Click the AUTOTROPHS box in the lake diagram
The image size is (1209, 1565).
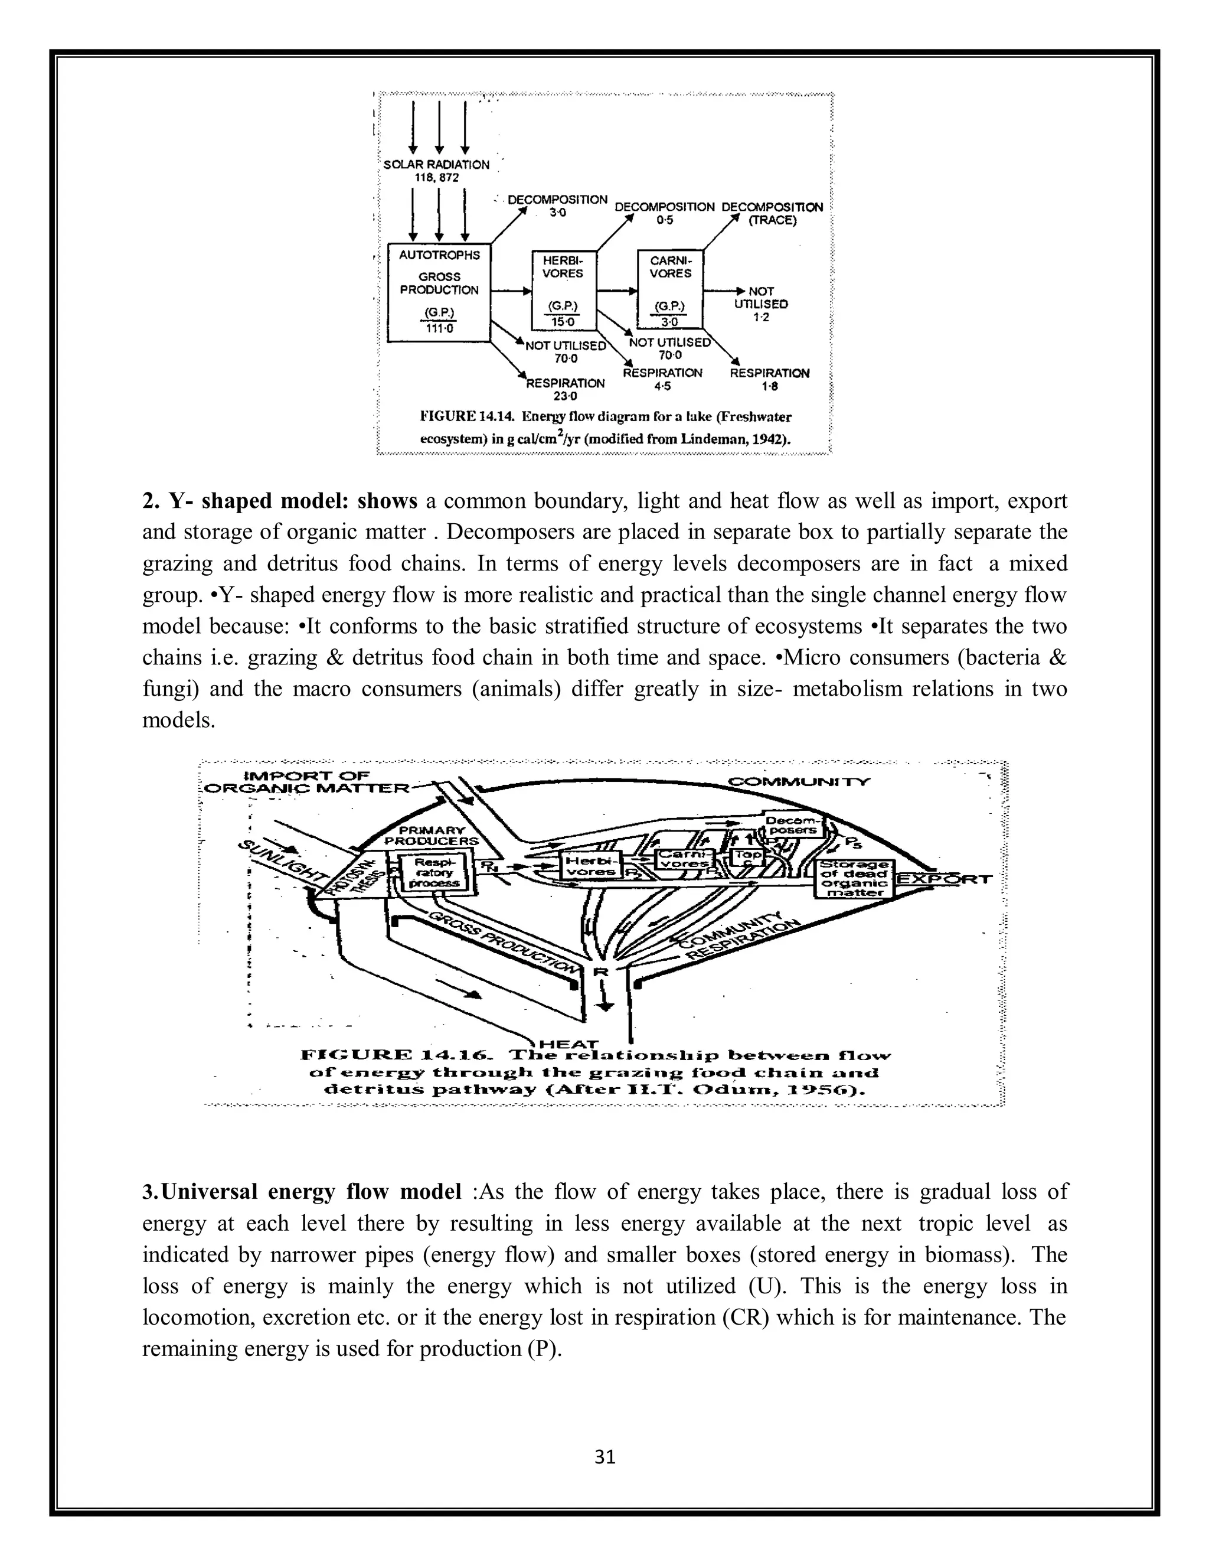439,292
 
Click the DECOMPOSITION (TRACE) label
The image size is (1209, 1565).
772,214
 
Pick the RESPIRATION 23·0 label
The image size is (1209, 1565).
565,389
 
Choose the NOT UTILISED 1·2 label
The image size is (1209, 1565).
760,304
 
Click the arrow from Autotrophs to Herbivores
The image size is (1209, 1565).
511,292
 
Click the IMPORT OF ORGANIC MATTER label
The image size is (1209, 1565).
308,782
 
